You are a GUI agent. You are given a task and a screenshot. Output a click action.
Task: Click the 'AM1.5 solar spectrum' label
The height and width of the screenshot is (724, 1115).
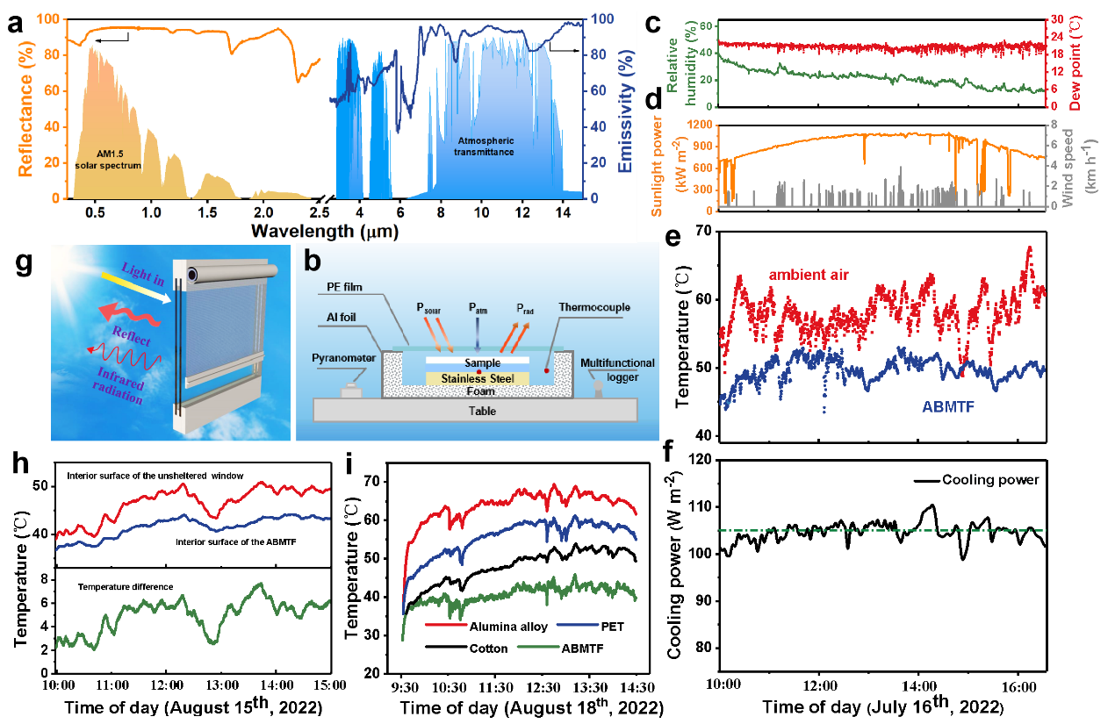tap(108, 160)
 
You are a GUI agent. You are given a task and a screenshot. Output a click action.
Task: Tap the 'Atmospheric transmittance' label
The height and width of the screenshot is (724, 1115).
tap(486, 146)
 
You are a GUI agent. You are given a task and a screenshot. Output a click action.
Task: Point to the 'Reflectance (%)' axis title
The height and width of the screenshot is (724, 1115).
tap(27, 105)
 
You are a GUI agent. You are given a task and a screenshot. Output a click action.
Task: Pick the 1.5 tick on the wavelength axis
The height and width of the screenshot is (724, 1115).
tap(207, 211)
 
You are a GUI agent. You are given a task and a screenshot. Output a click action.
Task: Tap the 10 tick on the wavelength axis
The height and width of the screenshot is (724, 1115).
tap(481, 211)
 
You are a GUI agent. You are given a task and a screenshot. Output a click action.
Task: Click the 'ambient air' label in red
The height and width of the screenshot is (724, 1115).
tap(809, 276)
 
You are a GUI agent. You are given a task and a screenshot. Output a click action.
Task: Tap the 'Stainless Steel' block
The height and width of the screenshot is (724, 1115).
tap(478, 378)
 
